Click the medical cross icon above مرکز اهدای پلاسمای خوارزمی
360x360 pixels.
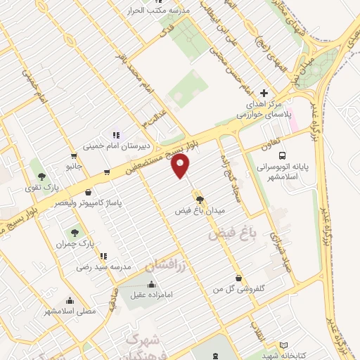[x=264, y=93]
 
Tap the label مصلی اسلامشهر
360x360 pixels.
[x=70, y=311]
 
